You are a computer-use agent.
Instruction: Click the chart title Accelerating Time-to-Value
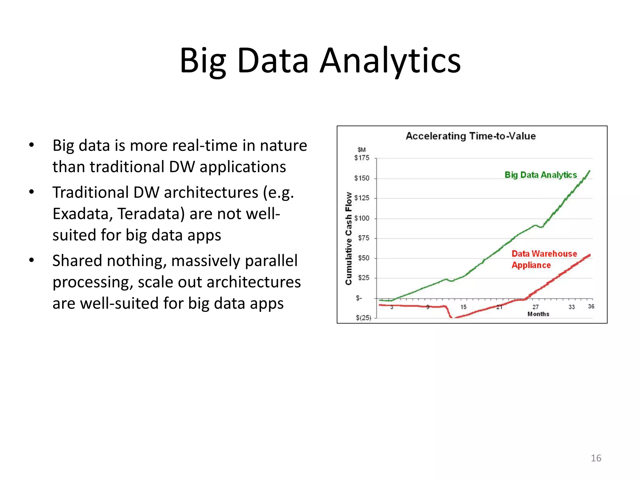tap(471, 136)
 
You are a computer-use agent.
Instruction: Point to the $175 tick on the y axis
tap(362, 158)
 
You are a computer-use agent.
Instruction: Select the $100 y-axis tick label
tap(362, 218)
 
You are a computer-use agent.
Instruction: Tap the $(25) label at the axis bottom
tap(363, 318)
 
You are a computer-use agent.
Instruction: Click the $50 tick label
tap(363, 258)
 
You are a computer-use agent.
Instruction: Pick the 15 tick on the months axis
tap(463, 307)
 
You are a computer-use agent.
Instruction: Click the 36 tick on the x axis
tap(591, 307)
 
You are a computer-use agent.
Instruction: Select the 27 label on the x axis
tap(536, 307)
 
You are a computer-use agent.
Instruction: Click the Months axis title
tap(538, 314)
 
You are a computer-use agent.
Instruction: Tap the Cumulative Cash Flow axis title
tap(348, 238)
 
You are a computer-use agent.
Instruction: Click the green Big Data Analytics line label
tap(541, 175)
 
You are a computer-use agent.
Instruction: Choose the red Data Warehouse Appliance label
tap(544, 259)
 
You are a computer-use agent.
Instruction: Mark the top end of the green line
tap(589, 171)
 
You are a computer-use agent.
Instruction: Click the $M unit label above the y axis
tap(362, 150)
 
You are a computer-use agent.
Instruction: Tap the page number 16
tap(596, 458)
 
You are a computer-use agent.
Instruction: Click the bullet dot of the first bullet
tap(31, 145)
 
